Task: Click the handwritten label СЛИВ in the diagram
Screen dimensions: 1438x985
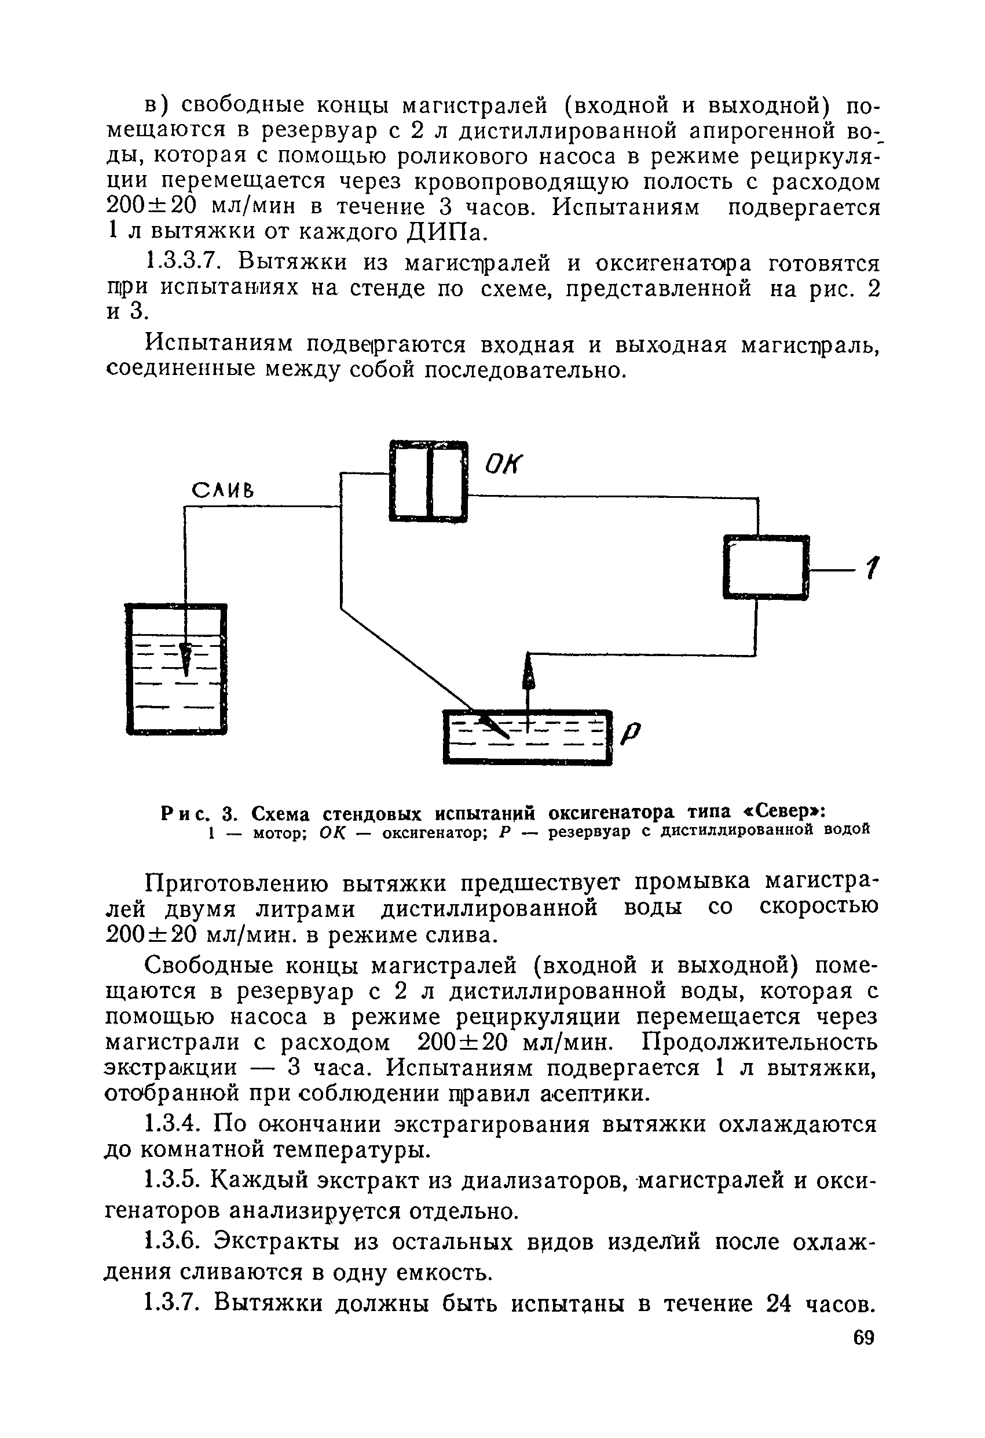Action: coord(222,491)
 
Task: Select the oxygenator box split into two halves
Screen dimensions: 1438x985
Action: coord(428,480)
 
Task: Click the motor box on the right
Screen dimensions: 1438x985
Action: coord(766,567)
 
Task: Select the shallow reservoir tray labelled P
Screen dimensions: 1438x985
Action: coord(528,737)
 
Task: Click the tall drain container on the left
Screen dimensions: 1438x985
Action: coord(176,669)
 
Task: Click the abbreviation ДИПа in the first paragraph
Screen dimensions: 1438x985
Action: coord(446,232)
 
